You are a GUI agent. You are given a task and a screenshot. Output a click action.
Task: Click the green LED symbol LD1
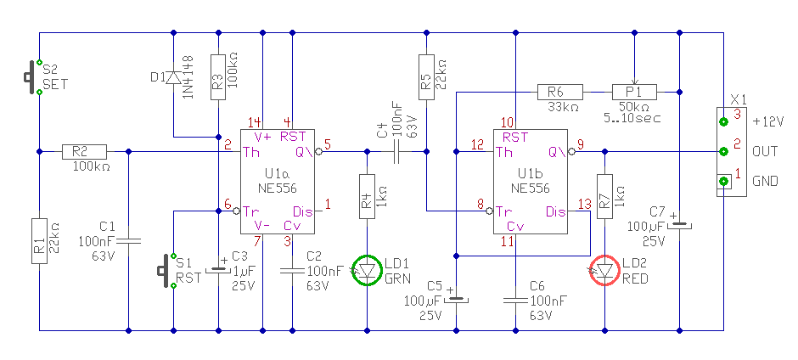point(368,269)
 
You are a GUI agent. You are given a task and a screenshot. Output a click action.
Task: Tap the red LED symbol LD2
point(604,270)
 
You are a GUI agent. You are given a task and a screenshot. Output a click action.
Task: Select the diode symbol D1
point(173,77)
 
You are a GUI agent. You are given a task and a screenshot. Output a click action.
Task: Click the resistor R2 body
point(84,151)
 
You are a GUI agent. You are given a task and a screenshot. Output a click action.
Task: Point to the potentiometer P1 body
point(634,93)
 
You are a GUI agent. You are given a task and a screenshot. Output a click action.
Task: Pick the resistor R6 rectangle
point(559,93)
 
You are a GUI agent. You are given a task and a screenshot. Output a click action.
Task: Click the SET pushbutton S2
point(32,77)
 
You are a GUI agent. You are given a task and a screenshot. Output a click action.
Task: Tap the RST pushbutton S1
point(166,270)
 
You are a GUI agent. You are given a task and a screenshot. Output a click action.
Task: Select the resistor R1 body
point(39,241)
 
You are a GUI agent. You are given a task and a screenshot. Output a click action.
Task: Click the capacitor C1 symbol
point(128,241)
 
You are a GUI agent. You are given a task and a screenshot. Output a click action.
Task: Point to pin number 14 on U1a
point(255,122)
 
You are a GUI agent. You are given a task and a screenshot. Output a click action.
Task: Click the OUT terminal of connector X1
point(722,151)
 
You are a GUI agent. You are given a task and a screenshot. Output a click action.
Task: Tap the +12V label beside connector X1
point(768,122)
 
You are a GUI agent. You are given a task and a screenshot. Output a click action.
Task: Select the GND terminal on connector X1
point(722,181)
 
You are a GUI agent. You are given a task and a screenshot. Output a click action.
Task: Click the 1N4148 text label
point(188,77)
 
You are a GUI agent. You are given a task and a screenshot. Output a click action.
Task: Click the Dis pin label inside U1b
point(556,211)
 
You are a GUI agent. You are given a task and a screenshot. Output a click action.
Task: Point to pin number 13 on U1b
point(585,205)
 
